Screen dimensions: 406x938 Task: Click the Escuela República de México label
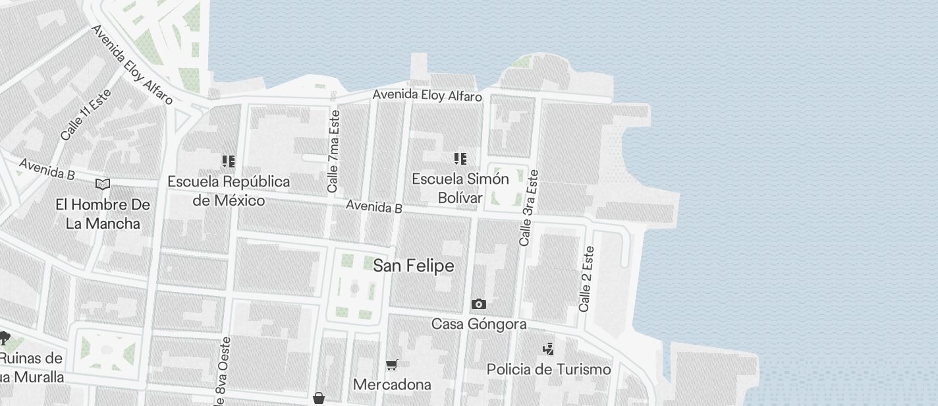[229, 190]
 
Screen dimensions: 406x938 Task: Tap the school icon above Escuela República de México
[229, 161]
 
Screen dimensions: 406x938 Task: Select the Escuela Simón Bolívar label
[460, 188]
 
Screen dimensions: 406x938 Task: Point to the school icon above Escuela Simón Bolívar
[460, 158]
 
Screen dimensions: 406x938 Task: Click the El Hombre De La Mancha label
[103, 214]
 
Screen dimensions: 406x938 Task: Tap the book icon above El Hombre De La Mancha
[103, 184]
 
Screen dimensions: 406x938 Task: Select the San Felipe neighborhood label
[414, 266]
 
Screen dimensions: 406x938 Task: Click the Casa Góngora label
[479, 324]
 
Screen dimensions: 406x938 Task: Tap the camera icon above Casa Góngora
[479, 304]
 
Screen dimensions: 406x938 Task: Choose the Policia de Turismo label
[549, 369]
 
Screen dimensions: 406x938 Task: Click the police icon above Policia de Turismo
[548, 348]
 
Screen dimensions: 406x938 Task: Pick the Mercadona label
[392, 384]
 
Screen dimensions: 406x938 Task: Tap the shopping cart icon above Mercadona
[392, 364]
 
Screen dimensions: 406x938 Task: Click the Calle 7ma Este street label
[334, 152]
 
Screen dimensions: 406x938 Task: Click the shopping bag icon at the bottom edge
[319, 398]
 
